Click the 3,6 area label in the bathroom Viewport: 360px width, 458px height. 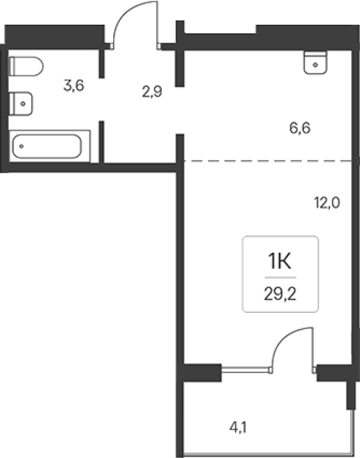pyautogui.click(x=74, y=86)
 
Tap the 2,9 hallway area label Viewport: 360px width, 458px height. pyautogui.click(x=152, y=92)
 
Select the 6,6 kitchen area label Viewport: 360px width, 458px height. pyautogui.click(x=300, y=128)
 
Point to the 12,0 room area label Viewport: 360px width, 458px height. pyautogui.click(x=327, y=203)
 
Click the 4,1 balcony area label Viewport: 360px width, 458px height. pyautogui.click(x=238, y=428)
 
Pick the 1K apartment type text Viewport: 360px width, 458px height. pyautogui.click(x=280, y=261)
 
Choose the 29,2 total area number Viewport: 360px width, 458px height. pyautogui.click(x=280, y=294)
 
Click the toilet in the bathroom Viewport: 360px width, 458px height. pyautogui.click(x=26, y=66)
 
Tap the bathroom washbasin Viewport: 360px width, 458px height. pyautogui.click(x=21, y=104)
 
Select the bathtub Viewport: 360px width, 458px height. pyautogui.click(x=50, y=146)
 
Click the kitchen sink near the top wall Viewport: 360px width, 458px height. pyautogui.click(x=315, y=62)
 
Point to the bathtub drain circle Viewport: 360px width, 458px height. pyautogui.click(x=21, y=146)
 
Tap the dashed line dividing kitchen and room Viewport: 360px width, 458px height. pyautogui.click(x=268, y=160)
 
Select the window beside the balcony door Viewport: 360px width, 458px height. pyautogui.click(x=245, y=370)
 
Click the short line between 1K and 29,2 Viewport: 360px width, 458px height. pyautogui.click(x=280, y=277)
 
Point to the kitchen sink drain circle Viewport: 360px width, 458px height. pyautogui.click(x=315, y=65)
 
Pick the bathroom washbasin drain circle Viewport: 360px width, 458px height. pyautogui.click(x=23, y=104)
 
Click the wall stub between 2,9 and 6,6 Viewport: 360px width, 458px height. pyautogui.click(x=180, y=53)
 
